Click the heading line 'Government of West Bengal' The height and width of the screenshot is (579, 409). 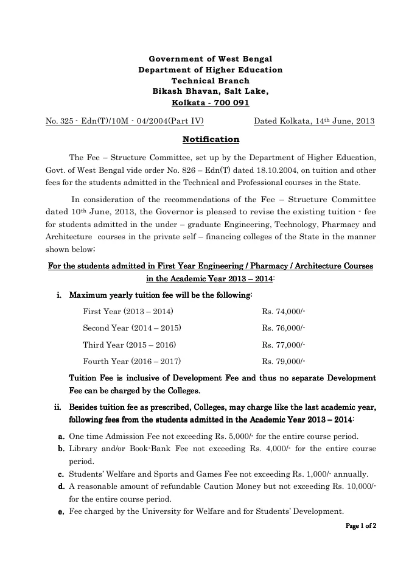tap(211, 59)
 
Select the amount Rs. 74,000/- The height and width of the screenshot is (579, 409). tap(284, 311)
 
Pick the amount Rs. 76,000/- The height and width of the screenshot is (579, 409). tap(284, 328)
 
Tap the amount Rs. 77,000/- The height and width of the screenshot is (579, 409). tap(284, 344)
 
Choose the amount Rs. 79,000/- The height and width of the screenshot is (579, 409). tap(284, 360)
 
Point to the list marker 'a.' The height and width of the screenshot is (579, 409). tap(61, 437)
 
